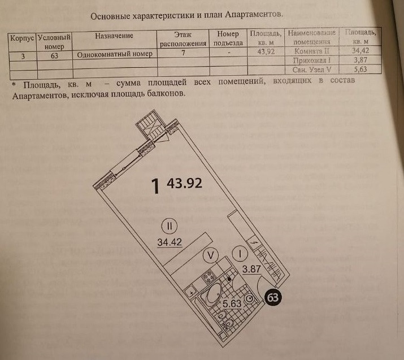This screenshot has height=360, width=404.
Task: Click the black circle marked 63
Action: tap(273, 298)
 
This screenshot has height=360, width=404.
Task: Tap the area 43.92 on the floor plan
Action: tap(184, 184)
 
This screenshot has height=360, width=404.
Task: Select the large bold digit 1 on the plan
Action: tap(156, 186)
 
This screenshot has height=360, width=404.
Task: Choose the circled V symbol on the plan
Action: tap(211, 255)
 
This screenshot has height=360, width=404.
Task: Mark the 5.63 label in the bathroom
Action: tap(232, 304)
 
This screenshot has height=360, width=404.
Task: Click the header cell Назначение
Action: tap(114, 36)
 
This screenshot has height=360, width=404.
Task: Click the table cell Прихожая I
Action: tap(312, 60)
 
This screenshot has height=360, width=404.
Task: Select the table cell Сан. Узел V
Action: tap(312, 70)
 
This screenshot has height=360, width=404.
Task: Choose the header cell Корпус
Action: tap(22, 37)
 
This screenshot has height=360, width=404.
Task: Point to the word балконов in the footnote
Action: tap(165, 95)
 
